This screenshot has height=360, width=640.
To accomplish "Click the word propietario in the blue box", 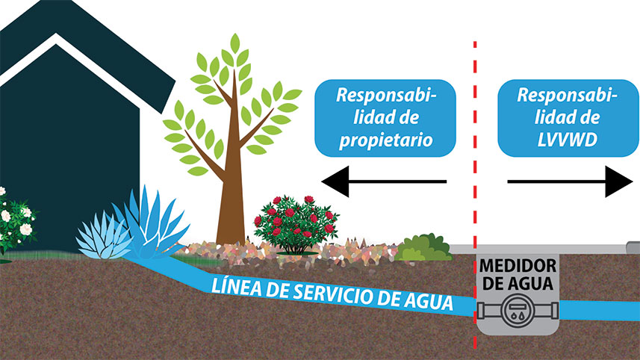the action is (385, 140).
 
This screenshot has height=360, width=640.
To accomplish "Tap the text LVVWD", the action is (567, 140).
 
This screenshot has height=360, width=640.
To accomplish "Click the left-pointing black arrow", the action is (384, 181).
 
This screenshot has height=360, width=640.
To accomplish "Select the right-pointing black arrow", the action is (570, 181).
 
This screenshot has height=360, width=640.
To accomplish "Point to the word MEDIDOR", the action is (518, 266).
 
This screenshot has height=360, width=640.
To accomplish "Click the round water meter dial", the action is (518, 311).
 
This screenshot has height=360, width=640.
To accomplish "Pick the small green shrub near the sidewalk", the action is (423, 248).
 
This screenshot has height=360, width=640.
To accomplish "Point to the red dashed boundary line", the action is (475, 195).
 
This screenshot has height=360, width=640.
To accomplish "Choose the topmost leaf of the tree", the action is (234, 43).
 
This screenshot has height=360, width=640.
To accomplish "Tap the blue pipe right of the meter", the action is (599, 311).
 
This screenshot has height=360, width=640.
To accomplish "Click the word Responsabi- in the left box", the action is (386, 95).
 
